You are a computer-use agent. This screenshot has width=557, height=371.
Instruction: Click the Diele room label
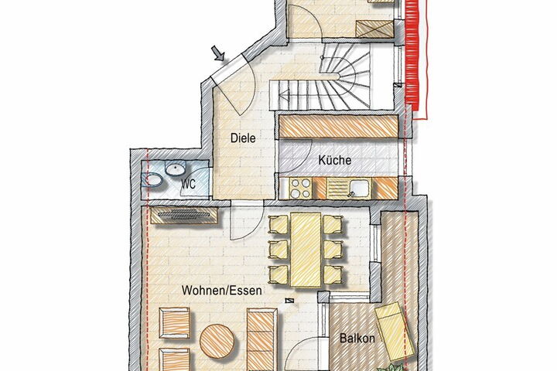point(243,138)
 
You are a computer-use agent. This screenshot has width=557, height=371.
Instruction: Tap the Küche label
point(335,160)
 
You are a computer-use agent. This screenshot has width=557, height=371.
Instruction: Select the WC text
point(188,184)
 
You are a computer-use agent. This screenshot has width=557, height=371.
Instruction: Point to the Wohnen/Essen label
point(222,291)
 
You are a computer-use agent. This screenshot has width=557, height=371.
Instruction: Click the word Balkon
point(357,338)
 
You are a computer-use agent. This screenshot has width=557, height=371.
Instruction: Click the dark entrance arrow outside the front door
point(218,53)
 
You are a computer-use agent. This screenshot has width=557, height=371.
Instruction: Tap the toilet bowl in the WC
point(152,180)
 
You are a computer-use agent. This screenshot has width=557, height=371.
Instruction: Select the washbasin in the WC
point(176,168)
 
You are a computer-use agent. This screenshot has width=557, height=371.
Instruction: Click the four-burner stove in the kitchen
point(300,188)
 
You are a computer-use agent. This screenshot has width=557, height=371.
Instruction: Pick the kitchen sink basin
point(359,187)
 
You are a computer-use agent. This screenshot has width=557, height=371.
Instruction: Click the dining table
point(306,250)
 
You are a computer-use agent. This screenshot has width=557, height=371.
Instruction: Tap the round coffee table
point(217,342)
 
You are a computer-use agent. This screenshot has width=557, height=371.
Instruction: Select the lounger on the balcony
point(395,331)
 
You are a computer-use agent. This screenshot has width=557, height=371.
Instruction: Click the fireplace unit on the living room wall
point(184,215)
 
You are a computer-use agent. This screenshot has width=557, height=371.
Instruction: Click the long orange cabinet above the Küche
point(339,127)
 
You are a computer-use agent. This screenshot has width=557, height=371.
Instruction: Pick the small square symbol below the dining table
point(290,301)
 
